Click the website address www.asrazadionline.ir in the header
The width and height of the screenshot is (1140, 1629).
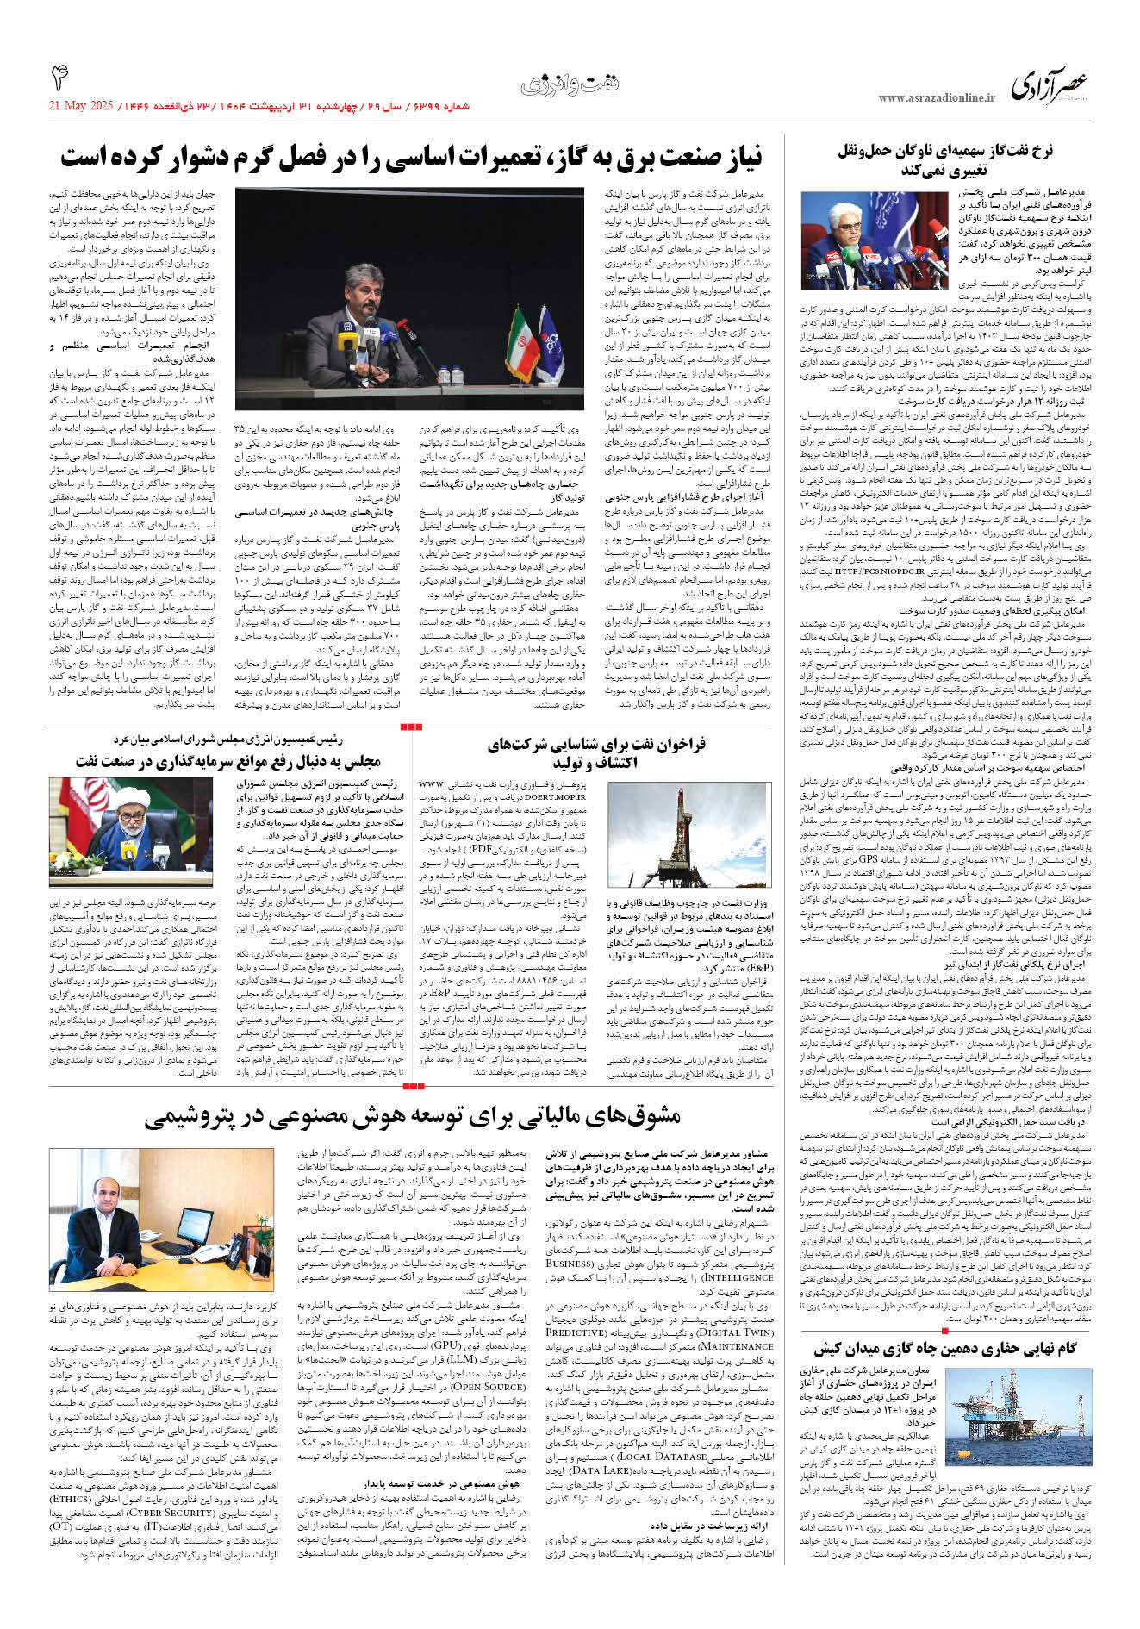pos(936,97)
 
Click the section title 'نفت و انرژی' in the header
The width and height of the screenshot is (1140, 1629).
pos(570,84)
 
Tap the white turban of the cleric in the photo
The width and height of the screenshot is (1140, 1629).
pos(128,798)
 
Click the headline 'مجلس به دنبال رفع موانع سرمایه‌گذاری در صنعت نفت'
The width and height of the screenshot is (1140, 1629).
pos(227,762)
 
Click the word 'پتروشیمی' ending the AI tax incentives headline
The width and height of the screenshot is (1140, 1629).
pos(200,1117)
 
